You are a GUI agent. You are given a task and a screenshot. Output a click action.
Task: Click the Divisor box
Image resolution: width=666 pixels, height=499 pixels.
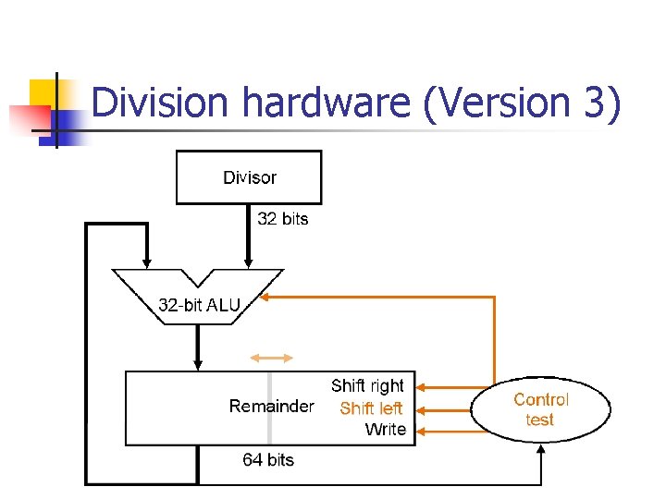[x=249, y=176]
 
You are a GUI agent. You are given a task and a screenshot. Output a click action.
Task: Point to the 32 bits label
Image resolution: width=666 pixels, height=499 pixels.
[x=282, y=219]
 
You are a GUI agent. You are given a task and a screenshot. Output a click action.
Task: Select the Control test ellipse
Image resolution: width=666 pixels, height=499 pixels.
[x=541, y=408]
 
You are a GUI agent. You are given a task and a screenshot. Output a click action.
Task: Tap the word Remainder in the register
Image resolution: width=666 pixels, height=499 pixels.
[x=271, y=407]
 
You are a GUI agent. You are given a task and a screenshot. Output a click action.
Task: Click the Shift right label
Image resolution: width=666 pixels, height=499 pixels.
[x=367, y=385]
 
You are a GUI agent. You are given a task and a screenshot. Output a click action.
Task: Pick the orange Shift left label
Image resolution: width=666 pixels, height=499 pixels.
[x=371, y=408]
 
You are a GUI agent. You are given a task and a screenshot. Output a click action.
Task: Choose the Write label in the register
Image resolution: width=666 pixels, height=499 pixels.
[x=385, y=429]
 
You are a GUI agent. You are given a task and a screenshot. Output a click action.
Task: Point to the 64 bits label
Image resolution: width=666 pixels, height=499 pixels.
[x=268, y=459]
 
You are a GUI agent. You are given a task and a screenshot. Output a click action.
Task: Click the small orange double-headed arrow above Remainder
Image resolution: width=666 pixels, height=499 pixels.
[x=272, y=357]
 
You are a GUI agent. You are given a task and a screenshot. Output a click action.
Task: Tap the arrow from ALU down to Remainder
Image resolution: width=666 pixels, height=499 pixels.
[x=198, y=347]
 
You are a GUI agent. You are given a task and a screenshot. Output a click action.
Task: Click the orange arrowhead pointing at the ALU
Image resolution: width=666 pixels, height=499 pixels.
[x=264, y=298]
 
